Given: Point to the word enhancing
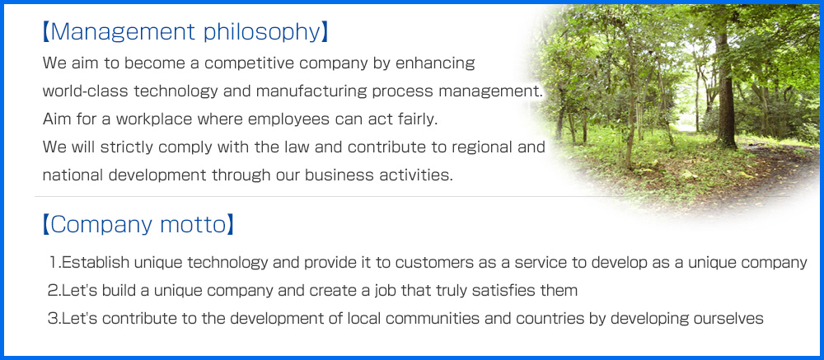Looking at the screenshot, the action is tap(435, 64).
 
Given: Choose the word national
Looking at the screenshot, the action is tap(73, 175).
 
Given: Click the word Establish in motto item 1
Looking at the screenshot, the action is tap(96, 262).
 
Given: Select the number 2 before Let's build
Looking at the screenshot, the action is tap(51, 291).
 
